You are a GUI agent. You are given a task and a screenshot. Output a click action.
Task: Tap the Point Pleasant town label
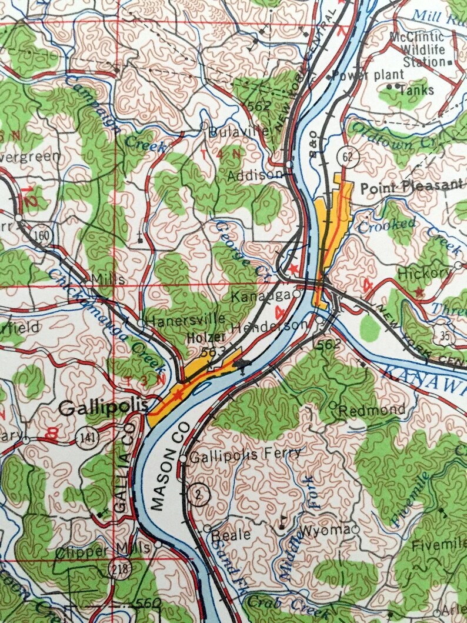pyautogui.click(x=411, y=186)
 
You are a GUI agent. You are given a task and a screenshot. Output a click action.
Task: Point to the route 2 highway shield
pyautogui.click(x=199, y=494)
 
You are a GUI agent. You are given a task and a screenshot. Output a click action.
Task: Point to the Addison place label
pyautogui.click(x=255, y=175)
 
